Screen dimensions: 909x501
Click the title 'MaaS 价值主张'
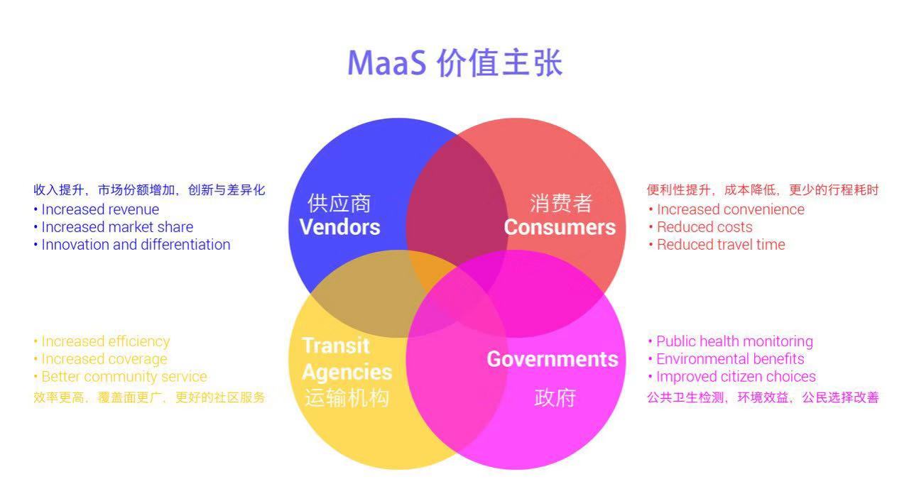tap(455, 63)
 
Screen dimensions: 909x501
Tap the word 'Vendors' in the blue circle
tap(339, 227)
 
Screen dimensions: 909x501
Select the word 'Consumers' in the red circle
tap(560, 227)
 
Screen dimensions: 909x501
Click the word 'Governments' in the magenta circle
tap(553, 359)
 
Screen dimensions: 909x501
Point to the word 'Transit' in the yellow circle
tap(336, 346)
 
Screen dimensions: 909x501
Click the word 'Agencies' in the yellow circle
tap(347, 373)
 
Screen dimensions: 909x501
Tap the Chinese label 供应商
tap(339, 204)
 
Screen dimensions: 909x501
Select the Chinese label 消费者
tap(561, 204)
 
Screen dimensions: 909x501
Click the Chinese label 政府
tap(555, 397)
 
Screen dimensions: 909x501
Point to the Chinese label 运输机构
tap(347, 397)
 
